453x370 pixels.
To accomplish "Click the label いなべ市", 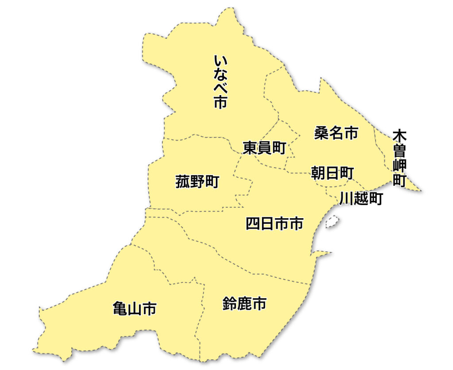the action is click(x=220, y=82).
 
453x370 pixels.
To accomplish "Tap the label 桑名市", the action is click(x=336, y=133).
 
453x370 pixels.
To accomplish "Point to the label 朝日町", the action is click(x=332, y=173).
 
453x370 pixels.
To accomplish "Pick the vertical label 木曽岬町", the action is click(x=399, y=158).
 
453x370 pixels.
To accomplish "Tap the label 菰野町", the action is click(x=197, y=181).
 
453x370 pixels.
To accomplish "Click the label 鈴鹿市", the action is click(x=244, y=304).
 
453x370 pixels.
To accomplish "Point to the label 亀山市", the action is click(x=134, y=308).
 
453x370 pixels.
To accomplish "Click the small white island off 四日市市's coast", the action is click(x=332, y=221).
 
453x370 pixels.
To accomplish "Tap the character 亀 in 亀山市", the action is click(x=120, y=308).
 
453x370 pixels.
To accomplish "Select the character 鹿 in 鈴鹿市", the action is click(x=244, y=304).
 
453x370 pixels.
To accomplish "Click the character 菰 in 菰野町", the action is click(x=183, y=181).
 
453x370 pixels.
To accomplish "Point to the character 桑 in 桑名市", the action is click(x=322, y=133).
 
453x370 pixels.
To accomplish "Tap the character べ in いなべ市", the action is click(x=220, y=89).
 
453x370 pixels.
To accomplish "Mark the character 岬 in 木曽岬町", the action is click(x=399, y=166).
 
